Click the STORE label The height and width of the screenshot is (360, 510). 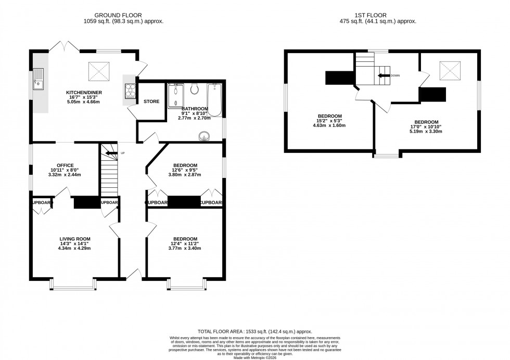pos(151,102)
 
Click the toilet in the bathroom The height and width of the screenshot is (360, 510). pos(195,89)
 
